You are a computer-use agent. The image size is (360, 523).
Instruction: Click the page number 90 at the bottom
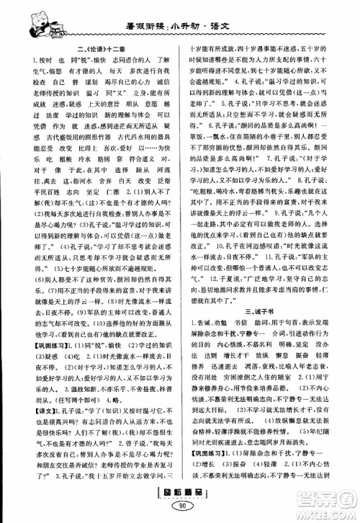179,511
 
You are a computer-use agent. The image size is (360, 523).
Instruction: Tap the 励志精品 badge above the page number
179,498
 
